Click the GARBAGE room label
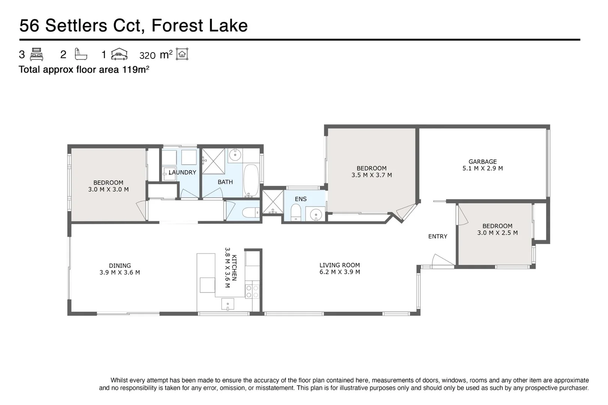click(482, 162)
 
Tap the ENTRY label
click(438, 236)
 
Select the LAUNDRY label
click(182, 172)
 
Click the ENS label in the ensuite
click(301, 199)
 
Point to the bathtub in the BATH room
click(251, 180)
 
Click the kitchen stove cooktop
click(252, 292)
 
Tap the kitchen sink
click(228, 304)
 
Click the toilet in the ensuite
click(296, 212)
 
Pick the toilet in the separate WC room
click(251, 213)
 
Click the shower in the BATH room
click(213, 161)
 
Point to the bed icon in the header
click(36, 54)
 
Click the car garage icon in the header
click(119, 54)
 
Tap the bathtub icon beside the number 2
click(81, 54)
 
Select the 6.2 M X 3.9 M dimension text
click(340, 272)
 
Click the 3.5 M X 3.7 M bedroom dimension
click(372, 175)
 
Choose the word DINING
click(120, 266)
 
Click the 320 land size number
click(147, 55)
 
